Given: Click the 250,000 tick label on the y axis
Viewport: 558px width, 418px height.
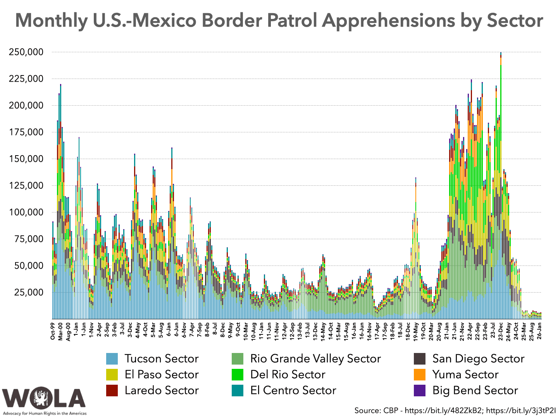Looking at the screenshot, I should [26, 52].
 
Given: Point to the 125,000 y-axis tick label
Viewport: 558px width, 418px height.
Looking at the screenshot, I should [26, 185].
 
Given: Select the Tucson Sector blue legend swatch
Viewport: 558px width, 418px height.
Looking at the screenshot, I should [112, 359].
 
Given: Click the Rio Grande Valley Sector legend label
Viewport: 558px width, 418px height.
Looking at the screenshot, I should [315, 359].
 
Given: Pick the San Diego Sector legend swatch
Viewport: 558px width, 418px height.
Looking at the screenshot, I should [420, 359].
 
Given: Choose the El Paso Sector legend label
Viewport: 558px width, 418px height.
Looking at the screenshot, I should [162, 375].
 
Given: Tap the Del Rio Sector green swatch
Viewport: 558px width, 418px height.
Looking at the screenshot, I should [238, 375].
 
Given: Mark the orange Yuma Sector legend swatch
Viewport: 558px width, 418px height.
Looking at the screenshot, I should [420, 375].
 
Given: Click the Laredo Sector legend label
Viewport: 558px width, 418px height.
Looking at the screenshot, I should [162, 391].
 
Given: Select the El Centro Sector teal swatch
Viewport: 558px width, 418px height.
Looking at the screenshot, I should [238, 391].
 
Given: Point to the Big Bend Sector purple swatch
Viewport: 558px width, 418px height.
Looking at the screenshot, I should [420, 391].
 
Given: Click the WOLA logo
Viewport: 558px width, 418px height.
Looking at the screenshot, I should [44, 399].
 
